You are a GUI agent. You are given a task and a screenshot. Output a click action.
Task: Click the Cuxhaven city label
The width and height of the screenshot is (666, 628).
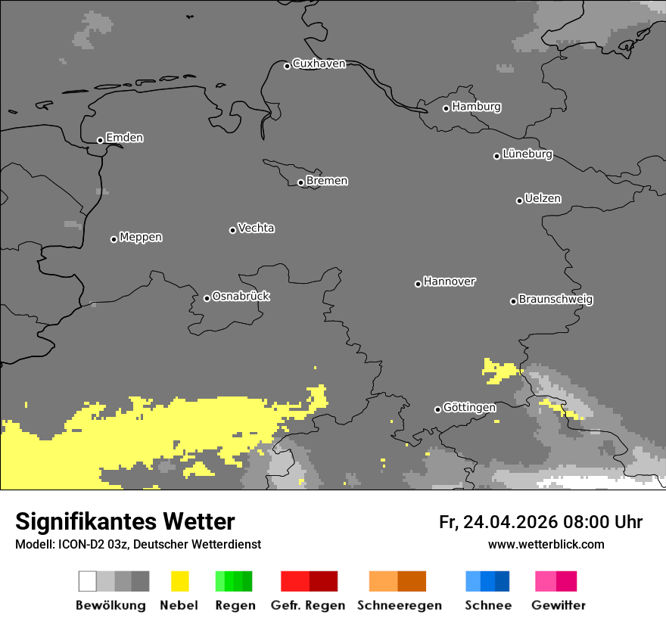pyautogui.click(x=319, y=64)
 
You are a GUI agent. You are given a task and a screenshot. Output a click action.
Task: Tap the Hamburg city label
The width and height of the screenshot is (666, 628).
pyautogui.click(x=476, y=107)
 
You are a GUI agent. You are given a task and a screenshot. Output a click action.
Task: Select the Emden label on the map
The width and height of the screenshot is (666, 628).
pyautogui.click(x=124, y=138)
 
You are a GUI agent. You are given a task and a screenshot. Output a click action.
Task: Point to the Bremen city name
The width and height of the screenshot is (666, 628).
pyautogui.click(x=327, y=181)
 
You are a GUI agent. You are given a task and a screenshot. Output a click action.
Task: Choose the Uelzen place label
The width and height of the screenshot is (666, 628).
pyautogui.click(x=543, y=199)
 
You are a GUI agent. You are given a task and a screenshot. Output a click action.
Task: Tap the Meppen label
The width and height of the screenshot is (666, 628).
pyautogui.click(x=141, y=238)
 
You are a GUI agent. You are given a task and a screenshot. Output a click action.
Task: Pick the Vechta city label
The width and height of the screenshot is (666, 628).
pyautogui.click(x=256, y=229)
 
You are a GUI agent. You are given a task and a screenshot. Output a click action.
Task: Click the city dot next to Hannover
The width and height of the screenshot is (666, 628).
pyautogui.click(x=418, y=284)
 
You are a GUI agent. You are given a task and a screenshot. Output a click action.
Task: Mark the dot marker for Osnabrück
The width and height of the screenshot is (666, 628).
pyautogui.click(x=207, y=298)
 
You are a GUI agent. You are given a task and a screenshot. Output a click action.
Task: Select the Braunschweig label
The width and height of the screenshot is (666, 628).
pyautogui.click(x=556, y=300)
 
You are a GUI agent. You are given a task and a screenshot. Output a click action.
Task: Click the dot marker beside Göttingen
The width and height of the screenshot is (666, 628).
pyautogui.click(x=437, y=409)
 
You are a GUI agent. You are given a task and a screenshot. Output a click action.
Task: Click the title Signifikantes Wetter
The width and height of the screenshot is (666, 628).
pyautogui.click(x=125, y=522)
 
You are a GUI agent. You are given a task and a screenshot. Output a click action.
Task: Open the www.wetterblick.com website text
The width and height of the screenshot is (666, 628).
pyautogui.click(x=546, y=544)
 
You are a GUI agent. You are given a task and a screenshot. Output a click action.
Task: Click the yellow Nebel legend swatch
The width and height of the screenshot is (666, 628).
pyautogui.click(x=179, y=581)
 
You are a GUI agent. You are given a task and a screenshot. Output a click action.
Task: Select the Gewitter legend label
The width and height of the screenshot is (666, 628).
pyautogui.click(x=559, y=605)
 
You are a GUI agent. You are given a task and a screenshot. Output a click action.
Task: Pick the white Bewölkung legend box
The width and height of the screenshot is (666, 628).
pyautogui.click(x=88, y=581)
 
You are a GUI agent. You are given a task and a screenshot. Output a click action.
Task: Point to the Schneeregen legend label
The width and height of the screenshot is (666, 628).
pyautogui.click(x=400, y=605)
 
